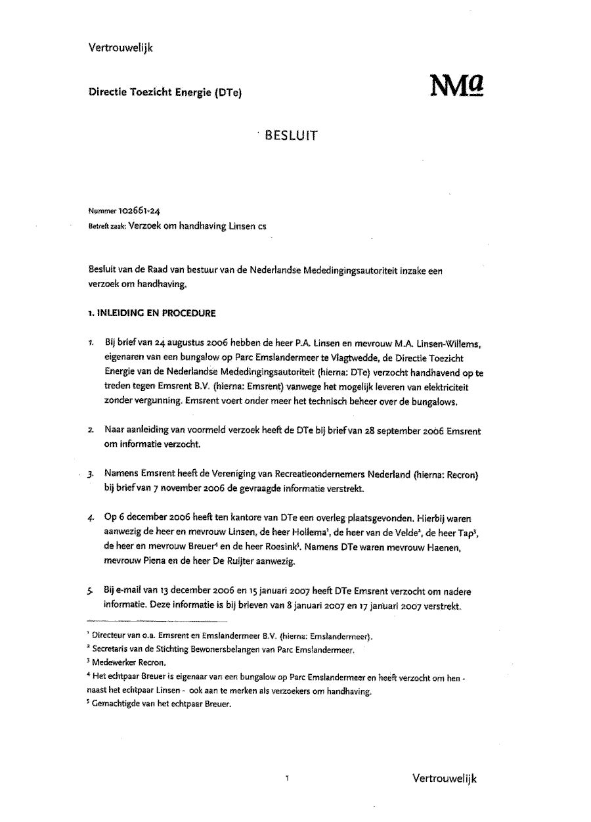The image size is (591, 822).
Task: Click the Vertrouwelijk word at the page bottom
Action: coord(445,779)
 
